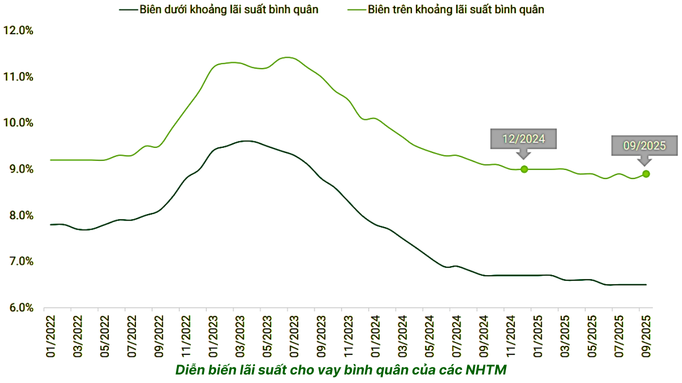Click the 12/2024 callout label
524,139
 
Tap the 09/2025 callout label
644,146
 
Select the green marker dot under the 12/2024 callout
524,169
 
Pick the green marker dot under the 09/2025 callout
646,174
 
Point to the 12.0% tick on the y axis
18,31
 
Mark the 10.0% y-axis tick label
18,123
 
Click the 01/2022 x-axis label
50,336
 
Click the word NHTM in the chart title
486,370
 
